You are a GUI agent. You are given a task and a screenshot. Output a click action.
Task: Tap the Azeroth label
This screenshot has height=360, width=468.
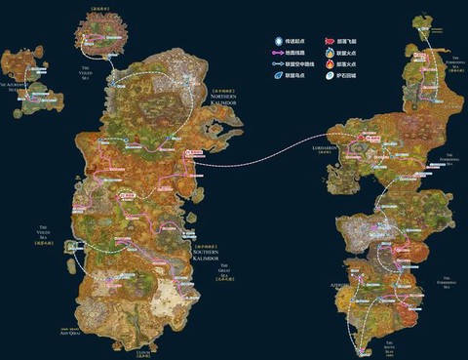click(338, 274)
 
